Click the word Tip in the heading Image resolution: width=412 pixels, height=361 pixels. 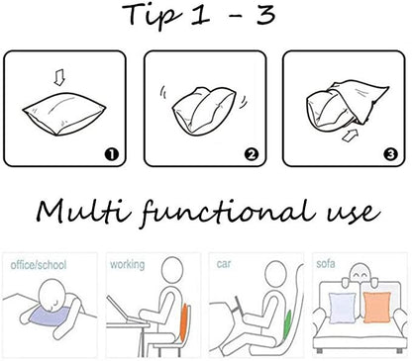tap(154, 16)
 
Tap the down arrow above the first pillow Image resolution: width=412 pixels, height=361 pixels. tap(59, 79)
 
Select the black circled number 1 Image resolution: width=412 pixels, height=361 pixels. tap(112, 154)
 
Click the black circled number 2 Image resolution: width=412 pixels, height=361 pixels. tap(252, 154)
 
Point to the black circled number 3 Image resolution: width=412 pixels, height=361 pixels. tap(391, 154)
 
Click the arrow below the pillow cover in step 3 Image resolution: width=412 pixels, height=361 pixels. tap(350, 135)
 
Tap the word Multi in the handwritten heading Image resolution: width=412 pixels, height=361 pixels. tap(83, 213)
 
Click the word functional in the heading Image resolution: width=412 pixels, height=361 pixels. tap(227, 213)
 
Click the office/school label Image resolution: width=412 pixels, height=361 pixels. tap(39, 265)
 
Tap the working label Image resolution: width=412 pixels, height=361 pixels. tap(128, 264)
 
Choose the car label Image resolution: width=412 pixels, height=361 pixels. tap(224, 264)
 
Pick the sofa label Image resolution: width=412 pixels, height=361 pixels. tap(326, 264)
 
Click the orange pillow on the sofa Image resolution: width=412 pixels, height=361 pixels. tap(376, 308)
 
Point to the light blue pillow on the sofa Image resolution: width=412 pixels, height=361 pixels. tap(343, 308)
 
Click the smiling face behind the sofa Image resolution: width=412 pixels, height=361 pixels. tap(360, 273)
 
